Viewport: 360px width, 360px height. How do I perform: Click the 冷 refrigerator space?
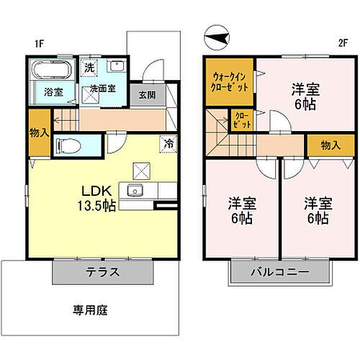166,143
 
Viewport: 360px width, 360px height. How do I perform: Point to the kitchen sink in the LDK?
135,191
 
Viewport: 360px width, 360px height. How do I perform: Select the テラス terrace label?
102,272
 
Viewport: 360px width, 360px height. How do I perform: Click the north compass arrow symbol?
215,32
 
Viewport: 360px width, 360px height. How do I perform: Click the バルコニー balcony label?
279,272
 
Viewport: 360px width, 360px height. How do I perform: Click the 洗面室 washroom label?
103,90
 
